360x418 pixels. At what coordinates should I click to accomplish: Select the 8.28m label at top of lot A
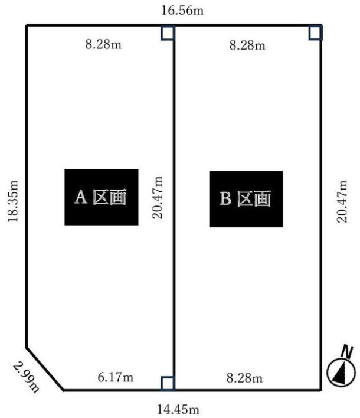coord(103,45)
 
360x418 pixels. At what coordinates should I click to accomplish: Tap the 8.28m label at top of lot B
coord(247,45)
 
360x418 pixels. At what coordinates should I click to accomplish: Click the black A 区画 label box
coord(102,197)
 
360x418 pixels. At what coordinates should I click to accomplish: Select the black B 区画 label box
coord(246,199)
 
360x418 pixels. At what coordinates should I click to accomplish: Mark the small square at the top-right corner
coord(316,32)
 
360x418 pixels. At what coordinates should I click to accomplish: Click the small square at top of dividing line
coord(168,32)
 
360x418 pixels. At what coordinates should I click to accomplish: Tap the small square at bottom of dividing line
coord(168,383)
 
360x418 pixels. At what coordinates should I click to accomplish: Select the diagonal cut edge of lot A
coord(45,368)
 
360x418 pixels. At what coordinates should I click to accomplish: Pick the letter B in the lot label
coord(225,200)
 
